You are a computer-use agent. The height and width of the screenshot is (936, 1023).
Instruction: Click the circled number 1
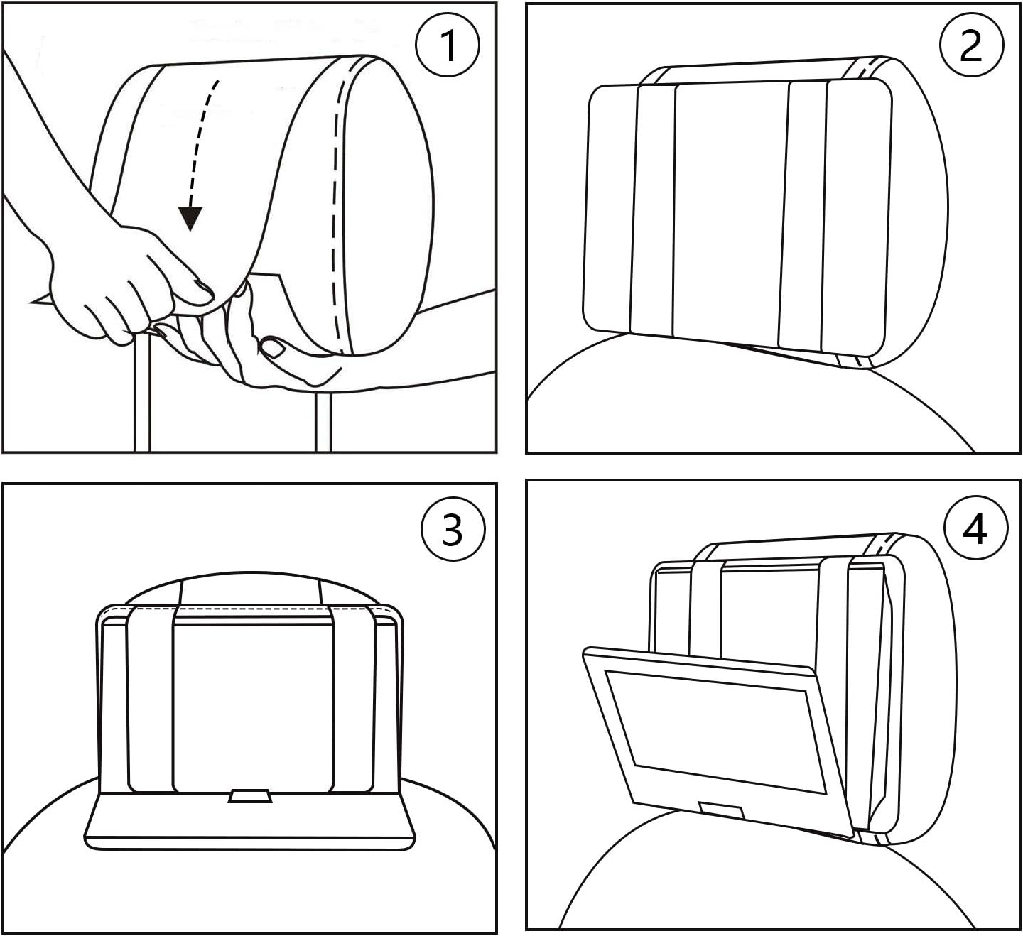(x=448, y=45)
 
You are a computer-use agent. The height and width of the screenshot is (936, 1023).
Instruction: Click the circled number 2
(x=971, y=45)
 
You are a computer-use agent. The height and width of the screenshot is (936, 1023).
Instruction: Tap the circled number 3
(x=453, y=529)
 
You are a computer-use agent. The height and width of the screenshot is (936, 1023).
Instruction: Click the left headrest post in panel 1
(x=142, y=398)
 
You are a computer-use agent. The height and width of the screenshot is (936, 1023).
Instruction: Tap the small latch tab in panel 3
(x=249, y=796)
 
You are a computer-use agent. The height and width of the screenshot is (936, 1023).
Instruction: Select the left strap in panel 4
(x=707, y=604)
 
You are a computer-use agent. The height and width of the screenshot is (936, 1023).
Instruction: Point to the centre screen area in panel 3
(x=253, y=703)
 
